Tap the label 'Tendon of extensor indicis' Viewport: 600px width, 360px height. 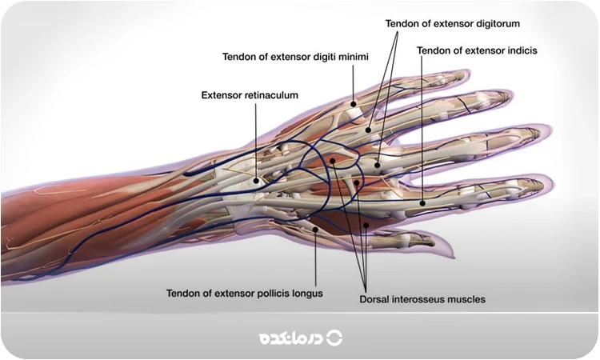tap(476, 50)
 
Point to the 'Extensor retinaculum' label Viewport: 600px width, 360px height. tap(250, 94)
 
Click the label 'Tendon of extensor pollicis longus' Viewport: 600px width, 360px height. tap(245, 293)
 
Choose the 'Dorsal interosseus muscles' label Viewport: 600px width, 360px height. tap(422, 299)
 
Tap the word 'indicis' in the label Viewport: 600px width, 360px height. tap(518, 50)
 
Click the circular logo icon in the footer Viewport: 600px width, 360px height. tap(334, 338)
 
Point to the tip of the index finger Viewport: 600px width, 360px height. tap(548, 186)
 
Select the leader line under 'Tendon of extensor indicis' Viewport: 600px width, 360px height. tap(421, 128)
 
